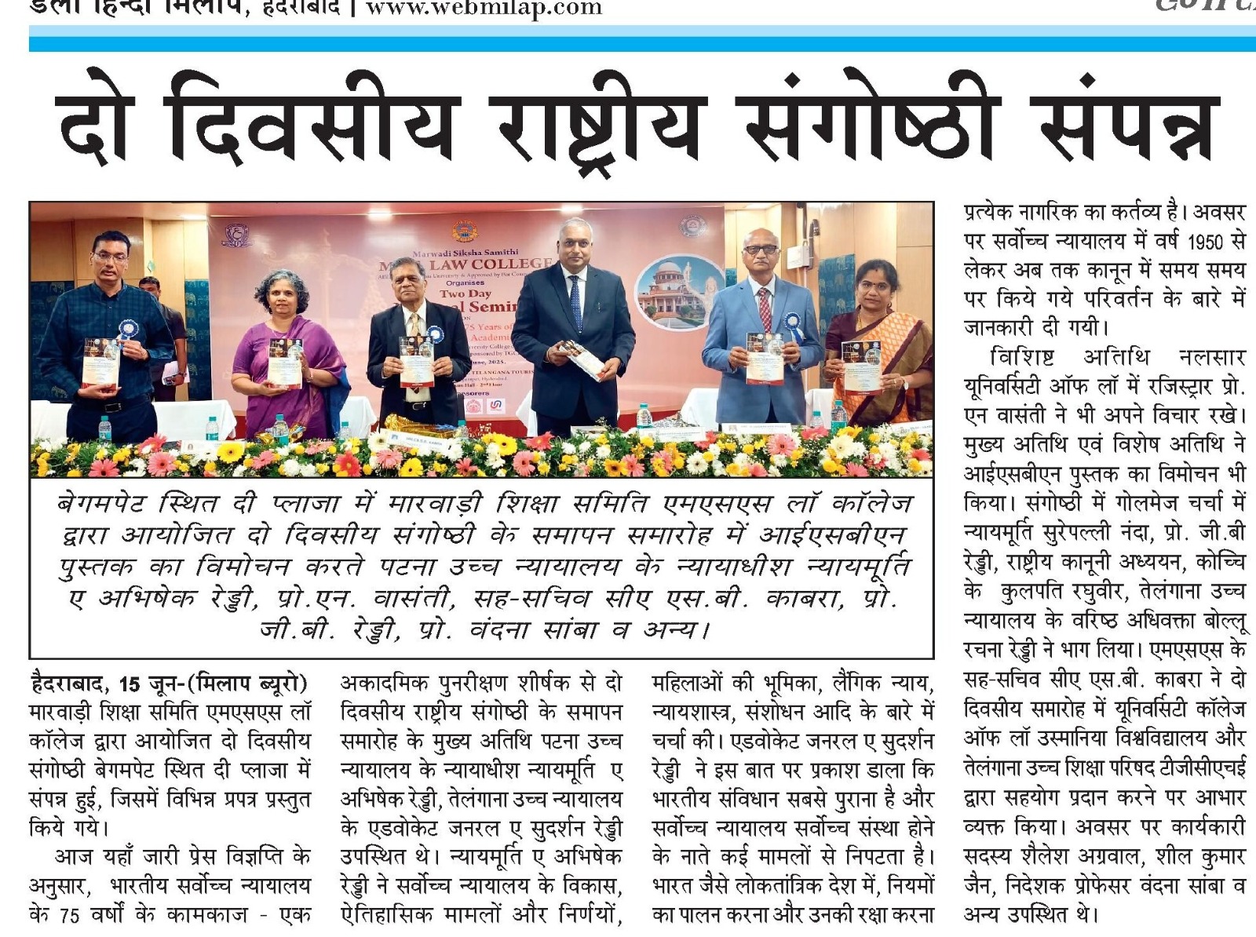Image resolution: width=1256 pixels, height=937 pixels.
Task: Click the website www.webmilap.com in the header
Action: pyautogui.click(x=484, y=9)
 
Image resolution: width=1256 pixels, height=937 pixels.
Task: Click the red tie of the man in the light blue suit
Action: pyautogui.click(x=764, y=308)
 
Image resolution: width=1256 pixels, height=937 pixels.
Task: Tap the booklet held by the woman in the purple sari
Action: pyautogui.click(x=286, y=363)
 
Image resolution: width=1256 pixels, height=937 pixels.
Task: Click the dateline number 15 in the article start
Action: pyautogui.click(x=130, y=684)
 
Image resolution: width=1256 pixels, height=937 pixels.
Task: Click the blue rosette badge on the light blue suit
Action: pyautogui.click(x=793, y=323)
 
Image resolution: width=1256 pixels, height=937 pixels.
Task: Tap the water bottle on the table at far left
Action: pyautogui.click(x=104, y=428)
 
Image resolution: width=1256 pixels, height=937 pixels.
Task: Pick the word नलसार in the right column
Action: pyautogui.click(x=1211, y=358)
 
